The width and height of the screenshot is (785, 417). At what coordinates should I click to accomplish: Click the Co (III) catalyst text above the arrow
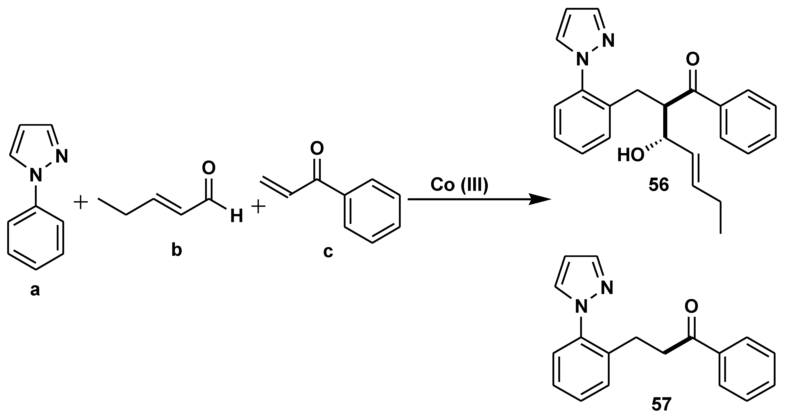tap(459, 185)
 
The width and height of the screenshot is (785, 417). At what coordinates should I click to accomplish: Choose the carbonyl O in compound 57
tap(691, 306)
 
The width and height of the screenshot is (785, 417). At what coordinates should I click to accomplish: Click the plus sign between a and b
tap(81, 203)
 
